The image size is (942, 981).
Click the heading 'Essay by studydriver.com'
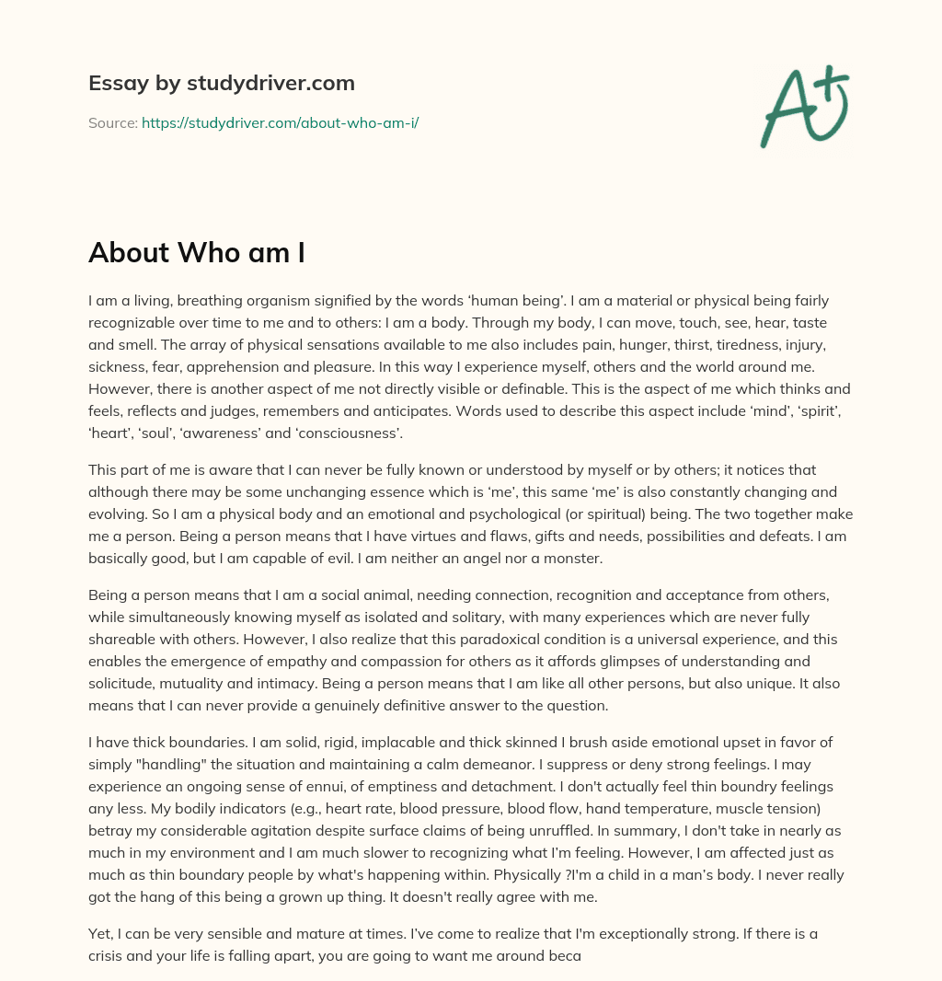(221, 83)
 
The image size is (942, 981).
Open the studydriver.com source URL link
(280, 122)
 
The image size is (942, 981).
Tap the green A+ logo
(803, 107)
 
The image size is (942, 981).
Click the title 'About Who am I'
(196, 252)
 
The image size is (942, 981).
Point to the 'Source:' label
(112, 122)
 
